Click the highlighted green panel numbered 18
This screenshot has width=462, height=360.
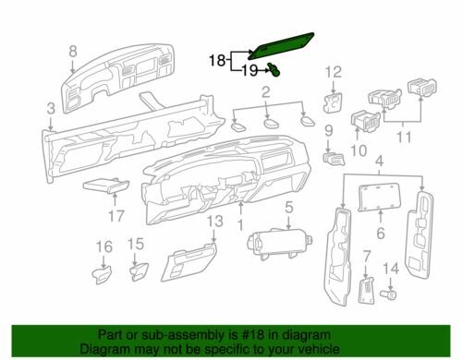click(282, 45)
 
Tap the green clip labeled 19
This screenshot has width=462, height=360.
click(274, 69)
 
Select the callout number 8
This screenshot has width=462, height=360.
click(73, 51)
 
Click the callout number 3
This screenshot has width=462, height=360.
click(51, 108)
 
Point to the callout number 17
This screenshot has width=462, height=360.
click(116, 216)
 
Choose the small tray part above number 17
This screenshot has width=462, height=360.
click(106, 186)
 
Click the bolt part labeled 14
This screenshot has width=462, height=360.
click(389, 295)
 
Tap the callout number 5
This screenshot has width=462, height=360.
click(288, 207)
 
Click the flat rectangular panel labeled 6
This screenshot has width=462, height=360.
click(380, 197)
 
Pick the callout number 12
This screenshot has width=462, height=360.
click(334, 72)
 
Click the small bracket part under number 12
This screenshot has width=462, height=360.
click(334, 102)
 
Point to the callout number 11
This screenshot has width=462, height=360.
click(404, 137)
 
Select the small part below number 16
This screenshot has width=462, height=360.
click(102, 274)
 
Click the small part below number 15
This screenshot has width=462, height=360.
click(139, 272)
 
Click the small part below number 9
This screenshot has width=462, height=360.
click(334, 159)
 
